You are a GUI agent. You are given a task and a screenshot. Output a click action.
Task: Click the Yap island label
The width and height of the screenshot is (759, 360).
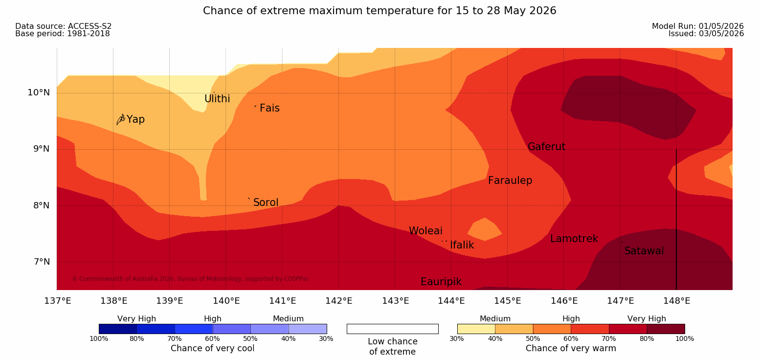tap(135, 119)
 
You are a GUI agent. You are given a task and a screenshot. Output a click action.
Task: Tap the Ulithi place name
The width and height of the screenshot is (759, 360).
tap(217, 99)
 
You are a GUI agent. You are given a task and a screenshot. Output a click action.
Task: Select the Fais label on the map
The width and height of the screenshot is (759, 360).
tap(270, 108)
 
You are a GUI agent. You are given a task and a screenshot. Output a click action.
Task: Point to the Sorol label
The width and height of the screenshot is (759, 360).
tap(266, 202)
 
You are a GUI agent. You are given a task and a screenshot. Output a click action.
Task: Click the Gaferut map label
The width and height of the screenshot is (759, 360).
tap(547, 147)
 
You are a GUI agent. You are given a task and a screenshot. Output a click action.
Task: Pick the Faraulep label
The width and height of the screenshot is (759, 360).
tap(510, 180)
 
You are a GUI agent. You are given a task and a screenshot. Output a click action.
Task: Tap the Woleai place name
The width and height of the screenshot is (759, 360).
tap(425, 231)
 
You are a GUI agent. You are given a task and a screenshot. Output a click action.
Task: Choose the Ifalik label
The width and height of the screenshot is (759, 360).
tap(462, 245)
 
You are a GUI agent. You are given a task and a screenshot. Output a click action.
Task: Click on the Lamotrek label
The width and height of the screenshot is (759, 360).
tap(574, 239)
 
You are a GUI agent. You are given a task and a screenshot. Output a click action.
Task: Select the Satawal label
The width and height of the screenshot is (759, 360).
tap(644, 251)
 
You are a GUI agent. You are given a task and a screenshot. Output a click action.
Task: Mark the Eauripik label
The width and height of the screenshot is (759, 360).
tap(441, 282)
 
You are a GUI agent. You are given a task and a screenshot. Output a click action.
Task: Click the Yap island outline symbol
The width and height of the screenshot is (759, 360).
tap(121, 119)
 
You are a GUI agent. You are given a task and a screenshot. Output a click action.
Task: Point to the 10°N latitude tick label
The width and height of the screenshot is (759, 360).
tap(39, 92)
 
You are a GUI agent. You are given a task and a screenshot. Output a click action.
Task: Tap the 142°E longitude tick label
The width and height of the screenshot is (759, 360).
tap(339, 301)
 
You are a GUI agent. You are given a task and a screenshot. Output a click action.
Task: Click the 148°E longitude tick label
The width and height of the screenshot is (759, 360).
tap(677, 301)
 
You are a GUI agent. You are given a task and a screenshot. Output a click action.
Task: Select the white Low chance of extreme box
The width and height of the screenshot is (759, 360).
tap(392, 329)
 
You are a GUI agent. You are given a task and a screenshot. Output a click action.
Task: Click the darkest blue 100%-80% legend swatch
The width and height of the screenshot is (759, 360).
tap(118, 329)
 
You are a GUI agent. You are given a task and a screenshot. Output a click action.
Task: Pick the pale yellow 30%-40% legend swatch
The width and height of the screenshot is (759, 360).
tap(476, 329)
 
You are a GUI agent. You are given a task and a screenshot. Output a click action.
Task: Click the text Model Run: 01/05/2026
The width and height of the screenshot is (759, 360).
tap(698, 26)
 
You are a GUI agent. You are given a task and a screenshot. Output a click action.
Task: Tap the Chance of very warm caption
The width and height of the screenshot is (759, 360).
tap(571, 348)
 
